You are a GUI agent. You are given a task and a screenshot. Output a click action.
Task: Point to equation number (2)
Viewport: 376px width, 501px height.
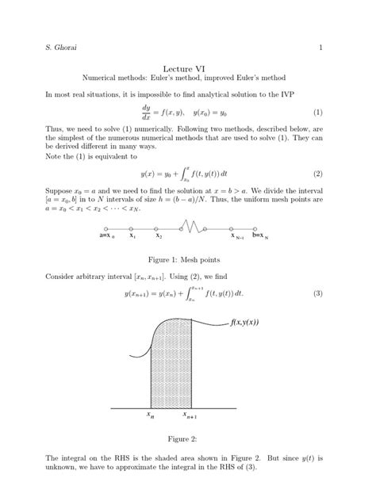click(317, 174)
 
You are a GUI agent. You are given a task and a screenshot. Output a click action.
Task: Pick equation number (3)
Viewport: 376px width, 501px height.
click(317, 294)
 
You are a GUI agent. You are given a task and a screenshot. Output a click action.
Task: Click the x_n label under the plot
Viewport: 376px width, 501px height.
click(150, 415)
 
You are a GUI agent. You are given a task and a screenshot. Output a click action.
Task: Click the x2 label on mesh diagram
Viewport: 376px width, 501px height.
click(159, 235)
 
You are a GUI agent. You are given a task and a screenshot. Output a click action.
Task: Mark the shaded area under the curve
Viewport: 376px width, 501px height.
click(171, 365)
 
